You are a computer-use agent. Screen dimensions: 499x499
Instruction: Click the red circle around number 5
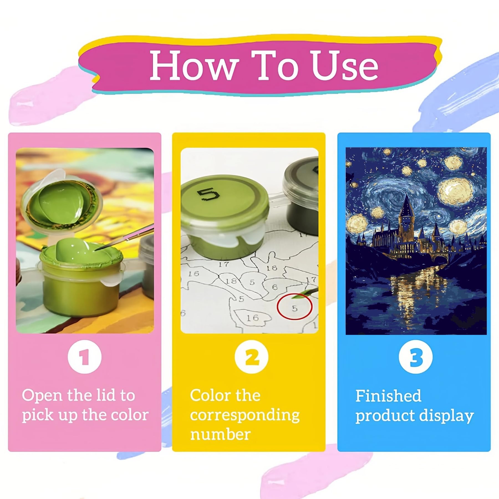pyautogui.click(x=295, y=306)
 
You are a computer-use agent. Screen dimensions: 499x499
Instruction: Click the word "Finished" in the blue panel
pyautogui.click(x=388, y=396)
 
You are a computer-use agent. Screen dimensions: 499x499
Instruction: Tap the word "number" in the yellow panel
pyautogui.click(x=220, y=434)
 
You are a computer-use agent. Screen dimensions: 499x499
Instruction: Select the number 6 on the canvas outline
pyautogui.click(x=274, y=287)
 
